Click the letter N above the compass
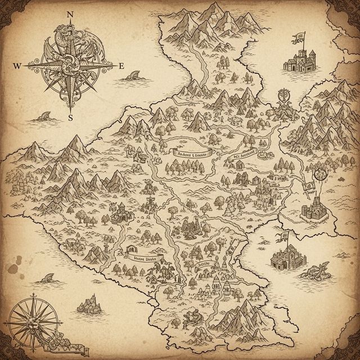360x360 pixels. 70,15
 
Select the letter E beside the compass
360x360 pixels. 121,66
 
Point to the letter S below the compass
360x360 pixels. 70,118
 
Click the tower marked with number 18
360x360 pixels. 216,287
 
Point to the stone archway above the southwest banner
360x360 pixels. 133,249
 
